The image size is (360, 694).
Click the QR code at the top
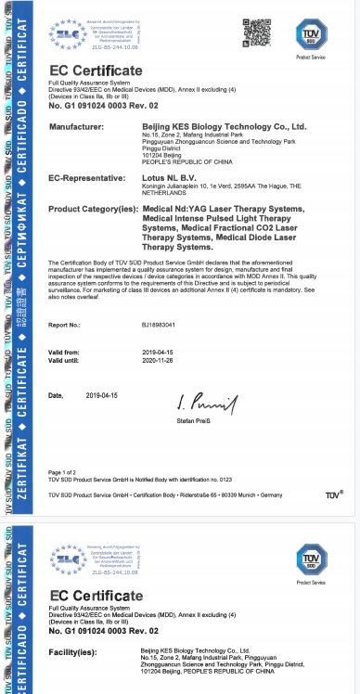(257, 33)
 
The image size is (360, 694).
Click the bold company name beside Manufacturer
(223, 124)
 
